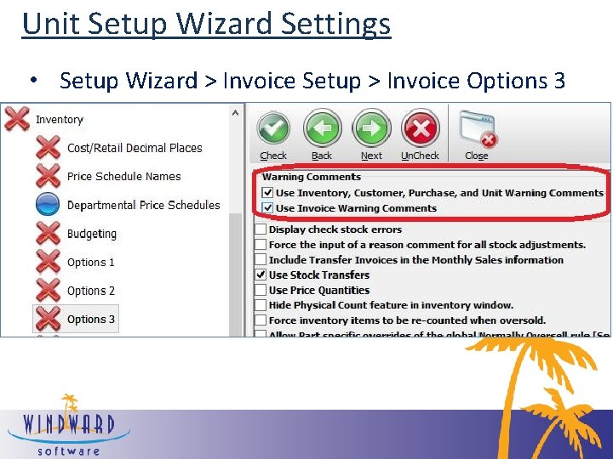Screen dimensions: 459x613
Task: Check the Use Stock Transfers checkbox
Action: tap(261, 275)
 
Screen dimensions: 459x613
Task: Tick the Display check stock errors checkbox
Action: tap(261, 229)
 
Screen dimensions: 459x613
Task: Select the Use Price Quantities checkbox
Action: tap(261, 291)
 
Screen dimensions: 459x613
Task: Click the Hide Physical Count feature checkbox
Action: tap(261, 305)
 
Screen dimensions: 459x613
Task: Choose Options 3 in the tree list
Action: tap(91, 320)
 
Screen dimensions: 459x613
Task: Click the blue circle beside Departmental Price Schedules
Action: tap(49, 205)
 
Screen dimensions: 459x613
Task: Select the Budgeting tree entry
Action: tap(91, 234)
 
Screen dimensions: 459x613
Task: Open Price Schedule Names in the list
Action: tap(123, 177)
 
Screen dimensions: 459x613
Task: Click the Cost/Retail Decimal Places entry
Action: tap(135, 148)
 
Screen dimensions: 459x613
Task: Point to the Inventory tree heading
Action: tap(59, 120)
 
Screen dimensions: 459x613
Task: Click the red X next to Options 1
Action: tap(49, 262)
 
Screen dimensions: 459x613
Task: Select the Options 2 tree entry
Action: tap(91, 291)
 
